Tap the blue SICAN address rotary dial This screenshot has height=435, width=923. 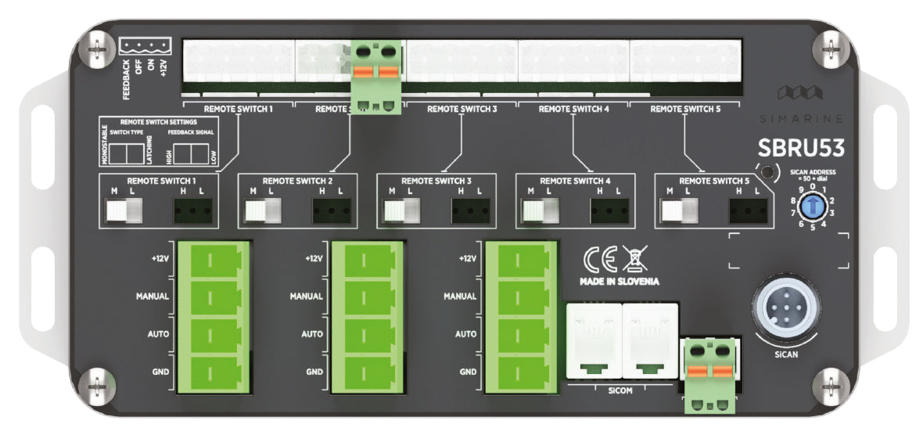pos(813,206)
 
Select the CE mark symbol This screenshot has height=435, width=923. pos(600,258)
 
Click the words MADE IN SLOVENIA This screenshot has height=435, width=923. pos(619,281)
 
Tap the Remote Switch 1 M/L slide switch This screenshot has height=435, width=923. pos(125,211)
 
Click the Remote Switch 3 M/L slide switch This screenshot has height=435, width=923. pos(402,211)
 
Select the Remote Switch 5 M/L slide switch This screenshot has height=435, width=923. pos(679,211)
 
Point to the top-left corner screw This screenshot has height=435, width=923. pos(97,48)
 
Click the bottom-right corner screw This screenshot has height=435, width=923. pos(828,384)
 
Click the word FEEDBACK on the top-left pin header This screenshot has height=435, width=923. pos(126,78)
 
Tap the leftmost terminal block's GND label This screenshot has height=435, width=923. pos(160,371)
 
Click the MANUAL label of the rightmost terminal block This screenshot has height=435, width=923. pos(460,297)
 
